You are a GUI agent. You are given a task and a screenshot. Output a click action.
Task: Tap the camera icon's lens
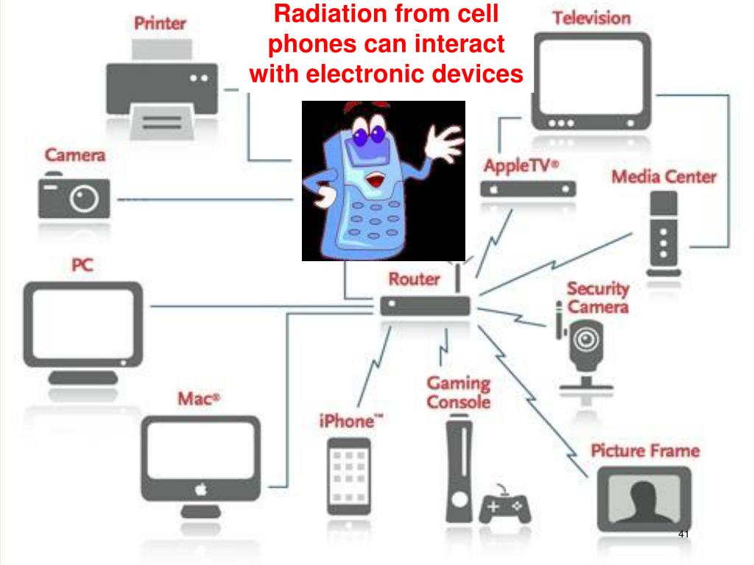click(x=85, y=197)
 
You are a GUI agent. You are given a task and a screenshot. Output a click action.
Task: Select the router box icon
click(x=425, y=305)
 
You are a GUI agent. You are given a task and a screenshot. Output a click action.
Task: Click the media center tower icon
click(x=664, y=232)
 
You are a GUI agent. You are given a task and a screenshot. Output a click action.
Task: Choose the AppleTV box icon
click(x=528, y=189)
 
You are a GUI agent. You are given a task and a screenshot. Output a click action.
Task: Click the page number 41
click(x=683, y=533)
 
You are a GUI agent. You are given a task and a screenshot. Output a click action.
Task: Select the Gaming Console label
click(x=458, y=393)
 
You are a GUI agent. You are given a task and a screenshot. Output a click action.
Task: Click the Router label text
click(x=414, y=279)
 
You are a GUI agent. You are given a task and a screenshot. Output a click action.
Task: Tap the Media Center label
click(x=664, y=177)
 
